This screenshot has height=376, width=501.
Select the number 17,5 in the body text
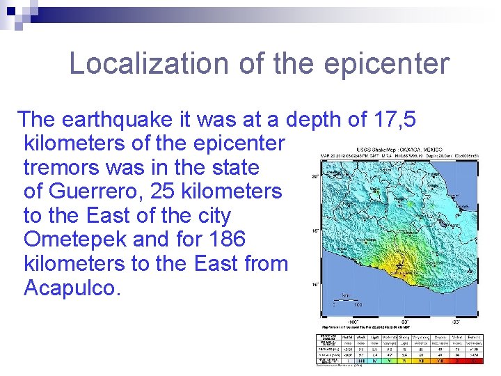(x=394, y=120)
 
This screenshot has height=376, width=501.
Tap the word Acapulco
(x=72, y=288)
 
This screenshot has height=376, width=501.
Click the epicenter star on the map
(x=399, y=266)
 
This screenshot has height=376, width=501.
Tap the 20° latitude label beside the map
(x=315, y=177)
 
